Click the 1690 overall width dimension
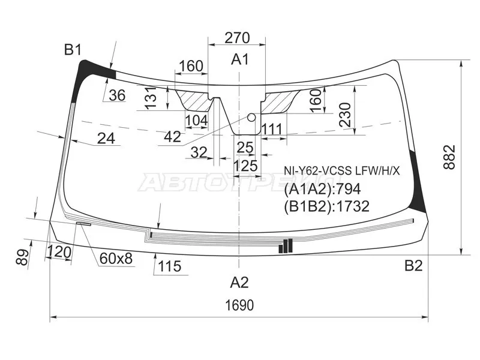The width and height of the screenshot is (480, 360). coord(239,305)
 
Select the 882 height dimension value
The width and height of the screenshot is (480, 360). coord(449,158)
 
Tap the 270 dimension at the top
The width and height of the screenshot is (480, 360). coord(237,38)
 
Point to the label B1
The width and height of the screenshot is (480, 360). coord(73,49)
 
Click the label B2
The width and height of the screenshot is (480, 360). coord(413,266)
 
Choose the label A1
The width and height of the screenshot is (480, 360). coord(240,59)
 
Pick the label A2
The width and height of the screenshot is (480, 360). coord(239,282)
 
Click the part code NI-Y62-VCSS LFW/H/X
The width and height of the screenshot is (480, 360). coord(341,171)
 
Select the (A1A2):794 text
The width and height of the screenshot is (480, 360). coord(322,190)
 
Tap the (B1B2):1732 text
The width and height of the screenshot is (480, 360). coord(326,206)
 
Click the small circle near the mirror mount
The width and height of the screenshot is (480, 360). coord(251,117)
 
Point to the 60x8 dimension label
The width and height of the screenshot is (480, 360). coord(116,259)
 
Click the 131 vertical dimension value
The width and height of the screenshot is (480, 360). coord(151,98)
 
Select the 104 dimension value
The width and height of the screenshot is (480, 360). coord(197,121)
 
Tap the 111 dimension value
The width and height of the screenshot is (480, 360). coord(272,129)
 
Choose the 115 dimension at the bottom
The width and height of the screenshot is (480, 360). coord(169,266)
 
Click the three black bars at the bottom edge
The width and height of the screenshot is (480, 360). coord(286,246)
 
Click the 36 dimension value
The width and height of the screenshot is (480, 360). coord(117,95)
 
